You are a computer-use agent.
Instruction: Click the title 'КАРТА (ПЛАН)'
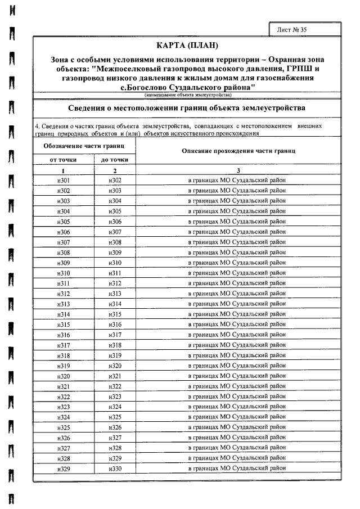[x=186, y=45]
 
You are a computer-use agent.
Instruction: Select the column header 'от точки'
[x=64, y=160]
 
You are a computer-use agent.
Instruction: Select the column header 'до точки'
[x=115, y=160]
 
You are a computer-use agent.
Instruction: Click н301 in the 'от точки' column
[x=64, y=181]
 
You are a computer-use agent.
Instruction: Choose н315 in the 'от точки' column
[x=64, y=325]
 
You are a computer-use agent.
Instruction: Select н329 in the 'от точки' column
[x=64, y=468]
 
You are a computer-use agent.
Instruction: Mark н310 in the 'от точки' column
[x=64, y=273]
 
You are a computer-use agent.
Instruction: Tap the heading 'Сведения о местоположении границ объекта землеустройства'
[x=186, y=107]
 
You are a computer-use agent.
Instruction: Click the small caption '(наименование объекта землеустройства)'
[x=186, y=95]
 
